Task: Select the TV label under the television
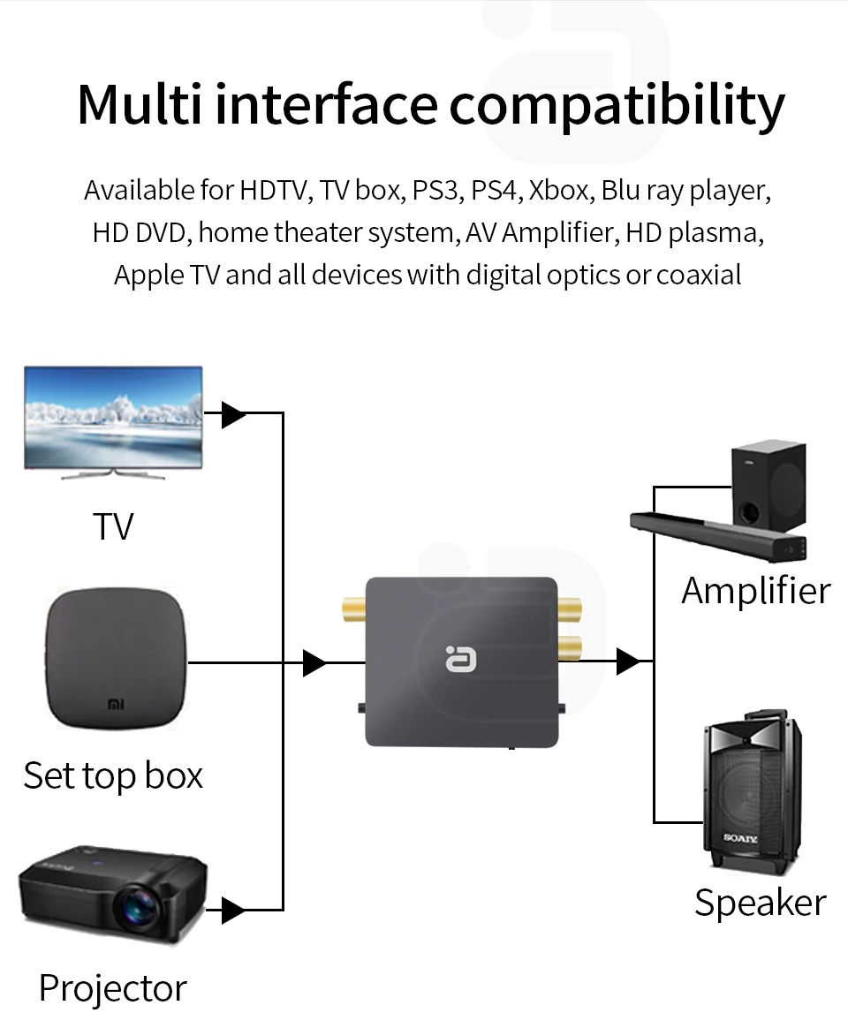(x=113, y=526)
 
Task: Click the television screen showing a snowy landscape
(x=113, y=416)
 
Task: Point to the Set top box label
(x=113, y=775)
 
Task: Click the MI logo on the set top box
(x=116, y=705)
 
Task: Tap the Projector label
(x=113, y=987)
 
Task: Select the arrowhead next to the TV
(x=233, y=413)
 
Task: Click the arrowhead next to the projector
(x=233, y=910)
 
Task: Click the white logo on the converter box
(x=459, y=658)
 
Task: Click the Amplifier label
(x=756, y=590)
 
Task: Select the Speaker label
(x=760, y=903)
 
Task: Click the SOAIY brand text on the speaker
(x=741, y=837)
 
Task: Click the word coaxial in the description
(x=698, y=276)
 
